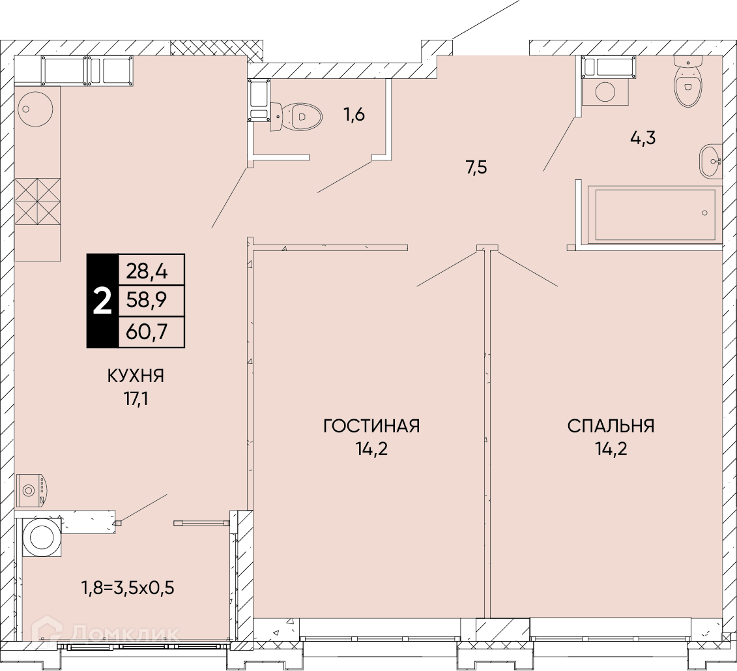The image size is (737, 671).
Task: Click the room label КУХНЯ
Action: [x=136, y=376]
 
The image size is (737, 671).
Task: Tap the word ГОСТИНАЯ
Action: [x=371, y=426]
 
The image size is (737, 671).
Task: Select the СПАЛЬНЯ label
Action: [x=611, y=426]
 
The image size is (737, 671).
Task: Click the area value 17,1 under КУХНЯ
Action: [x=136, y=400]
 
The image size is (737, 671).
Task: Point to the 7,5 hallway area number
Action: [x=476, y=168]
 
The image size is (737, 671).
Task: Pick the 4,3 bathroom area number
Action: [x=643, y=138]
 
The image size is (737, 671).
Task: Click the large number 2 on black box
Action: [x=102, y=301]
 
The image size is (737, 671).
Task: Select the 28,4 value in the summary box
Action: [x=147, y=272]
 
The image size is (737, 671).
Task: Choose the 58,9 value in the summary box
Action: [x=147, y=299]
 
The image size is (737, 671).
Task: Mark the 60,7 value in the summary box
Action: [x=147, y=333]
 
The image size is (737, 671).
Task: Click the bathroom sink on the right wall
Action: [x=710, y=161]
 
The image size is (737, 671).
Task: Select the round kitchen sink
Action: [x=35, y=109]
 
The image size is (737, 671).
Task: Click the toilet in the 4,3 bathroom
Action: [x=688, y=82]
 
